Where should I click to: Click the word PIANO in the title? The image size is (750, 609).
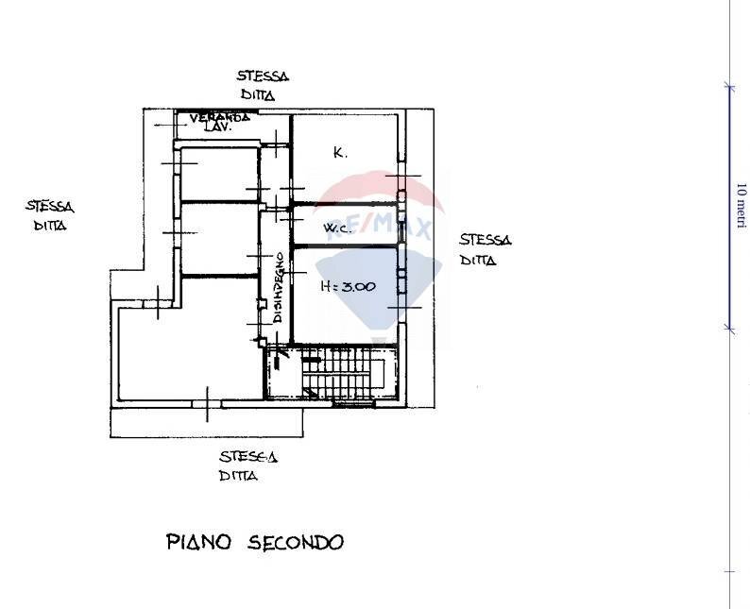coord(201,542)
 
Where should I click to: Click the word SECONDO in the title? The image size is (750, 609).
coord(296,542)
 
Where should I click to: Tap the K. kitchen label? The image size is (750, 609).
coord(341,151)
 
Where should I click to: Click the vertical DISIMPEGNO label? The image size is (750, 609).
coord(280,288)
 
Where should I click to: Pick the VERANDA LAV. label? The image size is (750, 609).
coord(218,121)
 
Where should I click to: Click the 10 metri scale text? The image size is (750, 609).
coord(741,205)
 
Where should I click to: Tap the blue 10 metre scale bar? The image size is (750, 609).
coord(727,206)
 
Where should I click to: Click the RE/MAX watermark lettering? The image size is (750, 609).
coord(378,228)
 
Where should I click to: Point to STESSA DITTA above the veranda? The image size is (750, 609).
coord(263,86)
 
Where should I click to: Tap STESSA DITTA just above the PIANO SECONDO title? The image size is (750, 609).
coord(247,466)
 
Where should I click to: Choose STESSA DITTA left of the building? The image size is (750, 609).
coord(49,215)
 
